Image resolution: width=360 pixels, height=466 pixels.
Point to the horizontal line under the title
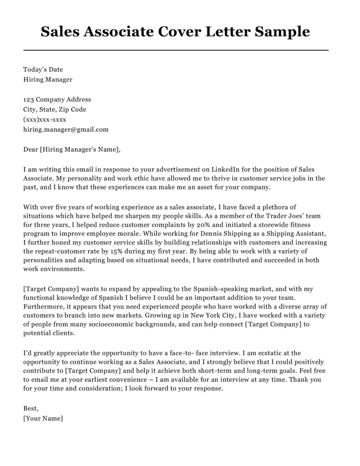176,50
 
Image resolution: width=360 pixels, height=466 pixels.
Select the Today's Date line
43,69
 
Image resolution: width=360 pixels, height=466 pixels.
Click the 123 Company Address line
57,99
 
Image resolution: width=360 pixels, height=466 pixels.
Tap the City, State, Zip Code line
55,110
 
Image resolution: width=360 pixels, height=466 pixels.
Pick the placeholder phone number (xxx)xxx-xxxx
45,120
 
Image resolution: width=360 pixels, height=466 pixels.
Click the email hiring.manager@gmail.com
66,130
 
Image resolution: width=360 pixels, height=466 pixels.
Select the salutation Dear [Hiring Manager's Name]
72,150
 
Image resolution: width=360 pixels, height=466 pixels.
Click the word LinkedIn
227,170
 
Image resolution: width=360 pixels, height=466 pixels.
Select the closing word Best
31,409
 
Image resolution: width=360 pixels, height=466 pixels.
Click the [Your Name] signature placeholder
43,419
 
